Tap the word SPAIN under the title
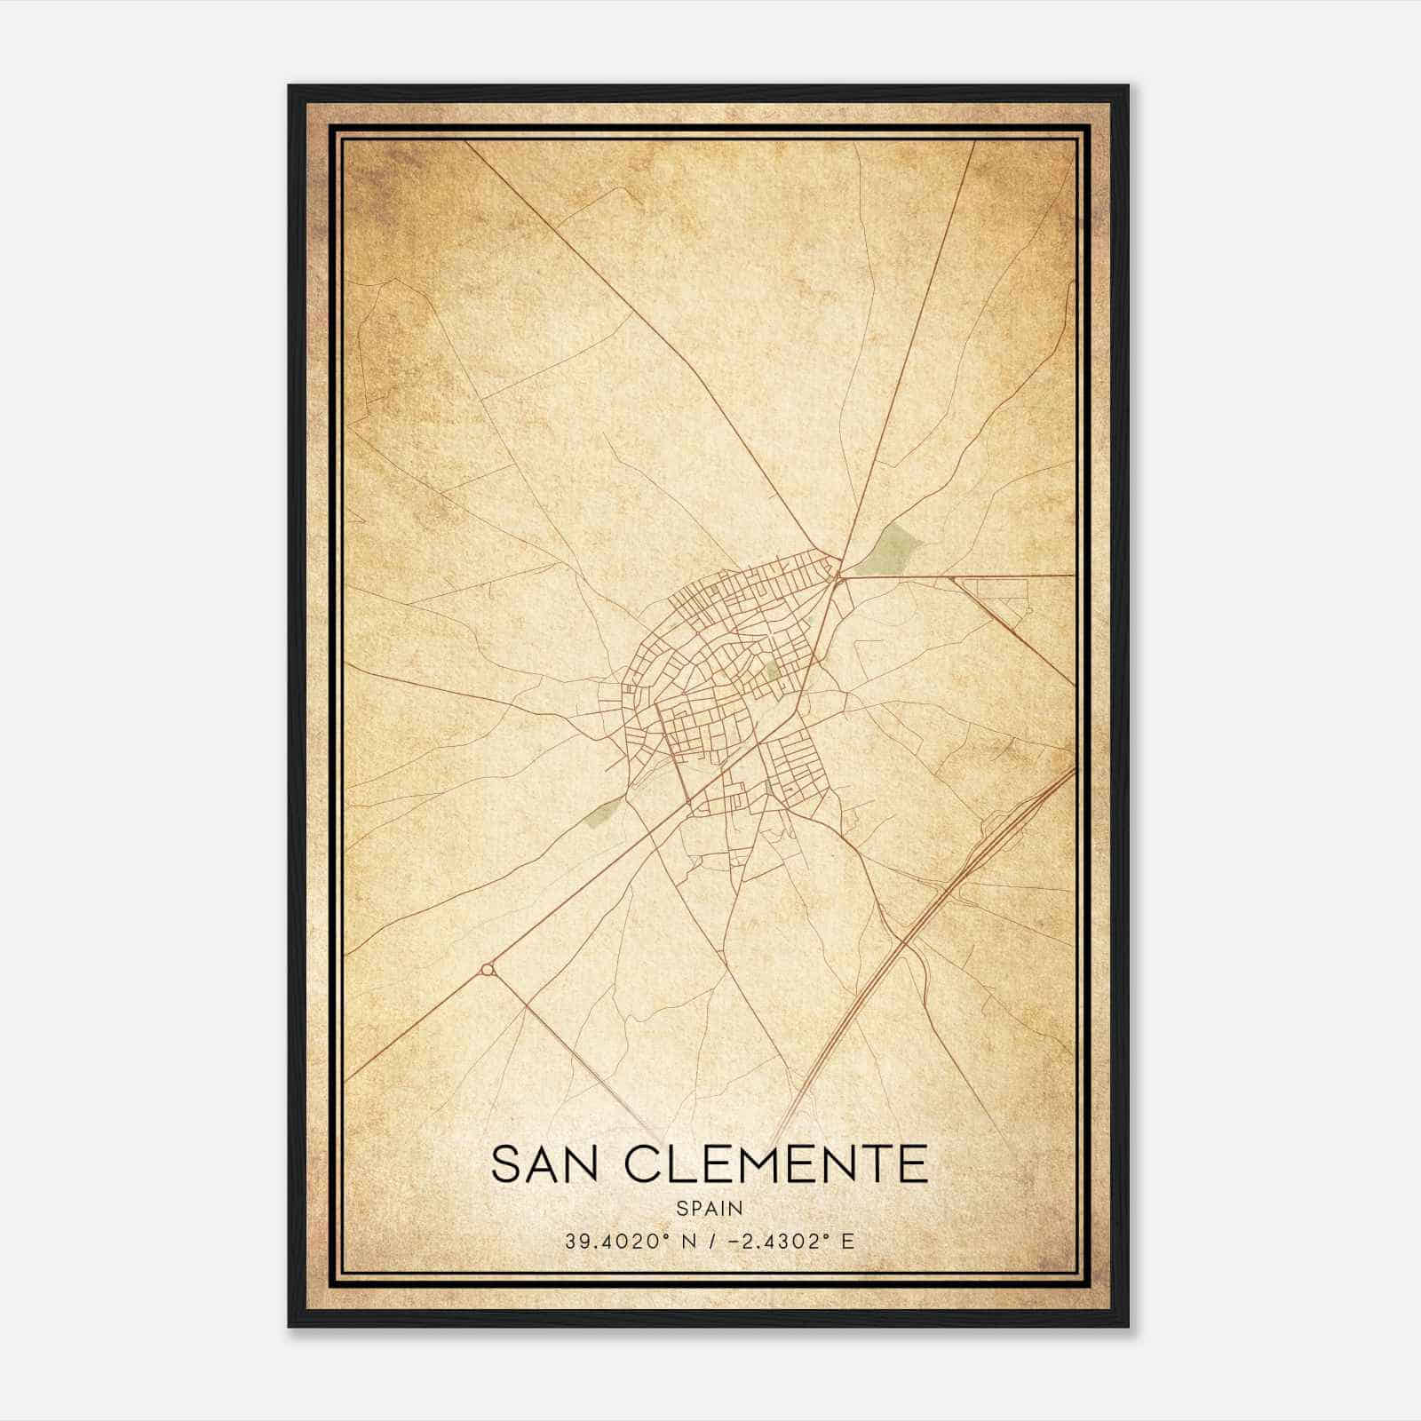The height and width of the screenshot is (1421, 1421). pos(709,1209)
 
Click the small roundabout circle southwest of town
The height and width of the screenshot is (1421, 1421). pos(486,970)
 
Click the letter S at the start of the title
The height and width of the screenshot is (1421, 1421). pos(504,1164)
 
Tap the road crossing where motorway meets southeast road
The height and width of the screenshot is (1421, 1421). pos(900,940)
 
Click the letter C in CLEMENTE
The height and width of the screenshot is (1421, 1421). pos(643,1164)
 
